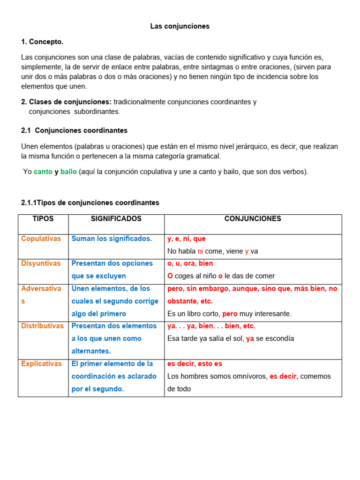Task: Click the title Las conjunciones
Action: [x=180, y=26]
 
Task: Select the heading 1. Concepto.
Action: [x=42, y=42]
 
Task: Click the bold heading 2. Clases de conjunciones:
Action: [x=66, y=102]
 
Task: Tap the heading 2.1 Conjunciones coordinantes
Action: [x=74, y=130]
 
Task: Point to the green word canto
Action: [x=43, y=172]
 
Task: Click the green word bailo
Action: [x=68, y=172]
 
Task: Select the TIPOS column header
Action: [x=43, y=219]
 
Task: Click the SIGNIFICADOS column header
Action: [x=116, y=219]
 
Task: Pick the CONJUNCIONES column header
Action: [x=253, y=219]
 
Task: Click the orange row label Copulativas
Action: [x=41, y=239]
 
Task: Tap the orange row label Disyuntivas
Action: [x=41, y=263]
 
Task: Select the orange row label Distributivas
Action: [x=42, y=326]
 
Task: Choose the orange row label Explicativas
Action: [x=41, y=364]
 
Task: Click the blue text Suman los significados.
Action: [x=112, y=239]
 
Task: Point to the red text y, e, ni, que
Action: [x=187, y=239]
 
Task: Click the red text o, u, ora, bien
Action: [x=190, y=263]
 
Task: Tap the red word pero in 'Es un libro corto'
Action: [x=230, y=314]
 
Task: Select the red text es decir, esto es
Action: [x=195, y=364]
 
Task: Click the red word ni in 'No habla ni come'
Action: [x=200, y=251]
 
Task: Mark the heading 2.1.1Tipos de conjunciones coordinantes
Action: [x=90, y=202]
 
